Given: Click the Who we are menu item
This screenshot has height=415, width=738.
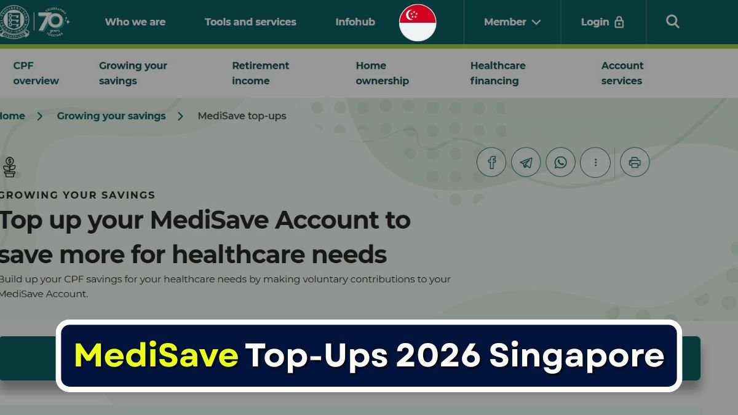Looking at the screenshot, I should click(135, 22).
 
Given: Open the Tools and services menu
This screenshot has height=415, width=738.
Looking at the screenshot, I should click(250, 22).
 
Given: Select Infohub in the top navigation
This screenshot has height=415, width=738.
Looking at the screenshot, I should click(355, 22).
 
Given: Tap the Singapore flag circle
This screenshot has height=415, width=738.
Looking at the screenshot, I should click(418, 23).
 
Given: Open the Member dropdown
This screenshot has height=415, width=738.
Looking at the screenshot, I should click(512, 22).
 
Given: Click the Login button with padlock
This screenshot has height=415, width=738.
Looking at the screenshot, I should click(603, 22).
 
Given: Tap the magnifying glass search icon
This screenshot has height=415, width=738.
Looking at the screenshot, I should click(673, 22).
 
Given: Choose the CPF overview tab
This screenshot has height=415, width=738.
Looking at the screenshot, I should click(36, 73).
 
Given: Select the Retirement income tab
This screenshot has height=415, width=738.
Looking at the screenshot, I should click(260, 73).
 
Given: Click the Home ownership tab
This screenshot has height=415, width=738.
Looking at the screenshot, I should click(382, 73).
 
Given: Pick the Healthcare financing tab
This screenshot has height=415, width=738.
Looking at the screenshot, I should click(498, 73).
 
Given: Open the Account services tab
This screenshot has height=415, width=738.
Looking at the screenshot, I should click(622, 73).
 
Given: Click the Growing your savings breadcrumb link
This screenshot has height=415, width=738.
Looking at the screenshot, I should click(111, 116).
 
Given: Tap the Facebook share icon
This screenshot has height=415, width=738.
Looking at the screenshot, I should click(491, 163).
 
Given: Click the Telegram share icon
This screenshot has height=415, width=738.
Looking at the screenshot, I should click(526, 163).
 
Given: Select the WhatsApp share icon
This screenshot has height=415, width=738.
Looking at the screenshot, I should click(560, 163).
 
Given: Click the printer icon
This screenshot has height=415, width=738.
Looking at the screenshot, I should click(635, 163).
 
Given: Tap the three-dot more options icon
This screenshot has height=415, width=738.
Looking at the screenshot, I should click(595, 163).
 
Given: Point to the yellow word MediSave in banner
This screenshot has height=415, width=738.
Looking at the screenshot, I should click(156, 355).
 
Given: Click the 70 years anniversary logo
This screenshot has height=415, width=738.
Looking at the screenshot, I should click(53, 22).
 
